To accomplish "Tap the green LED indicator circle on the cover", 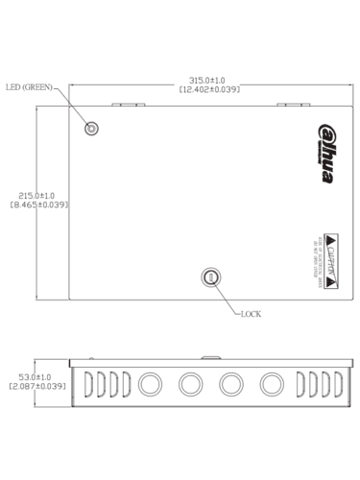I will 93,128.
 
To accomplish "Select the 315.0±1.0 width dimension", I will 205,81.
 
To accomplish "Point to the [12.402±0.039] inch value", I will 205,89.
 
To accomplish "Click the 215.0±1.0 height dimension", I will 37,195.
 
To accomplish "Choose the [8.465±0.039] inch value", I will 37,204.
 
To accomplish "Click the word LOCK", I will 251,314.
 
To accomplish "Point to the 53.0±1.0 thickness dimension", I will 36,376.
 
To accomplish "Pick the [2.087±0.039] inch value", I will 36,386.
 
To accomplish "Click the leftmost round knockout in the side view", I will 149,384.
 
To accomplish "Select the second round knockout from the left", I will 189,384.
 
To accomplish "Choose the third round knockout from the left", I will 229,384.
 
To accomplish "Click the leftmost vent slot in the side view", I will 87,384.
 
